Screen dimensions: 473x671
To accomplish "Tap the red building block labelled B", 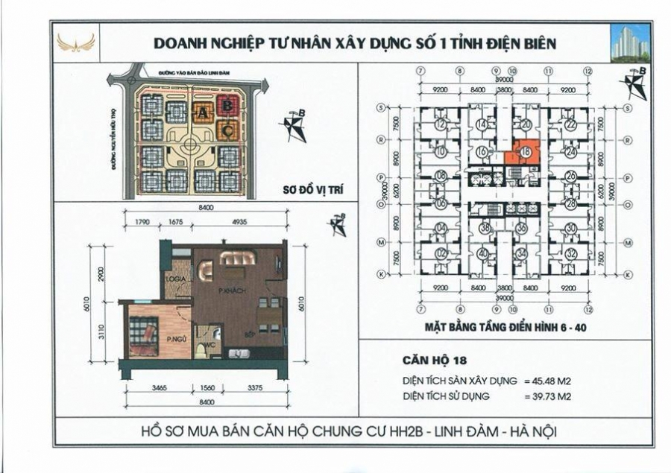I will [227, 107].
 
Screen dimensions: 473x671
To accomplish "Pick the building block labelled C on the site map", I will [227, 132].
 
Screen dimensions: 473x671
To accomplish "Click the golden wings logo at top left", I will [76, 42].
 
